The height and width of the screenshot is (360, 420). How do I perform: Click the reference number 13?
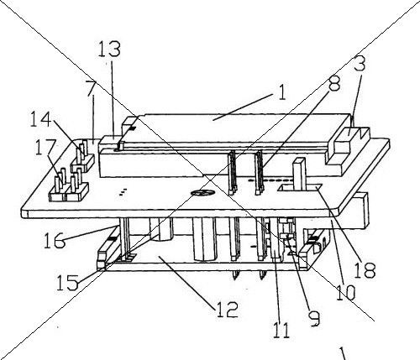tap(109, 50)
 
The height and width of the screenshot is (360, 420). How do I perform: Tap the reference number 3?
tap(360, 64)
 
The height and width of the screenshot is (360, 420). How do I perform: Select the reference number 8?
tap(334, 83)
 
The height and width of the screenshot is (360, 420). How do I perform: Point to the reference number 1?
tap(282, 92)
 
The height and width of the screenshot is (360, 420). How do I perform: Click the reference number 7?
tap(92, 88)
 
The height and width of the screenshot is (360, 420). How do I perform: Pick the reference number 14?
tap(41, 119)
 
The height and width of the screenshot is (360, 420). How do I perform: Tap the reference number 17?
tap(45, 148)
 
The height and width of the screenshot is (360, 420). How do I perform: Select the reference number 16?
tap(55, 240)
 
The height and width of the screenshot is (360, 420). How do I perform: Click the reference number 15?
tap(67, 282)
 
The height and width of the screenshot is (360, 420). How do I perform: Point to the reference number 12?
tap(228, 310)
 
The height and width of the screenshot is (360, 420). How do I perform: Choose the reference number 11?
tap(281, 330)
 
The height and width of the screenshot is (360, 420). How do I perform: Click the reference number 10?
tap(345, 293)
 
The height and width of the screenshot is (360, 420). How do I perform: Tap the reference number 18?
tap(365, 270)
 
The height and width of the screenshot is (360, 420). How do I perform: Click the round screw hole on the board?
tap(202, 192)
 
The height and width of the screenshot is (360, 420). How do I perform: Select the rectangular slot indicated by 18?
tap(299, 188)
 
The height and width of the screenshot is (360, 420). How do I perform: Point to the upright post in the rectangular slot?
tap(298, 174)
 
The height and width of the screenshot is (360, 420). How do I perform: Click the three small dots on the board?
tap(123, 192)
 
